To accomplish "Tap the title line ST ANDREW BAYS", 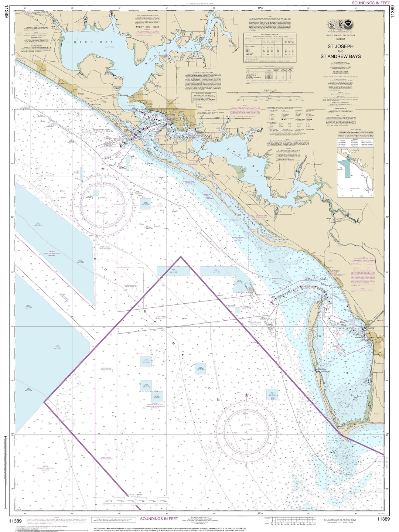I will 341,57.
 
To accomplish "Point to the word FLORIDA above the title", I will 341,39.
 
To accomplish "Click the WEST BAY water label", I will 88,42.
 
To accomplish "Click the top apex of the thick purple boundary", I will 181,256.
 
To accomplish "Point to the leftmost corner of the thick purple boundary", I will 44,402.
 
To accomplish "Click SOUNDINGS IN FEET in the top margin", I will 370,3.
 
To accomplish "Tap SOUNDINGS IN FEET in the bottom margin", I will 159,519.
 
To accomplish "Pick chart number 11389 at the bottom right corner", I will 383,519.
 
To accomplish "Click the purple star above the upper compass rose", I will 102,168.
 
